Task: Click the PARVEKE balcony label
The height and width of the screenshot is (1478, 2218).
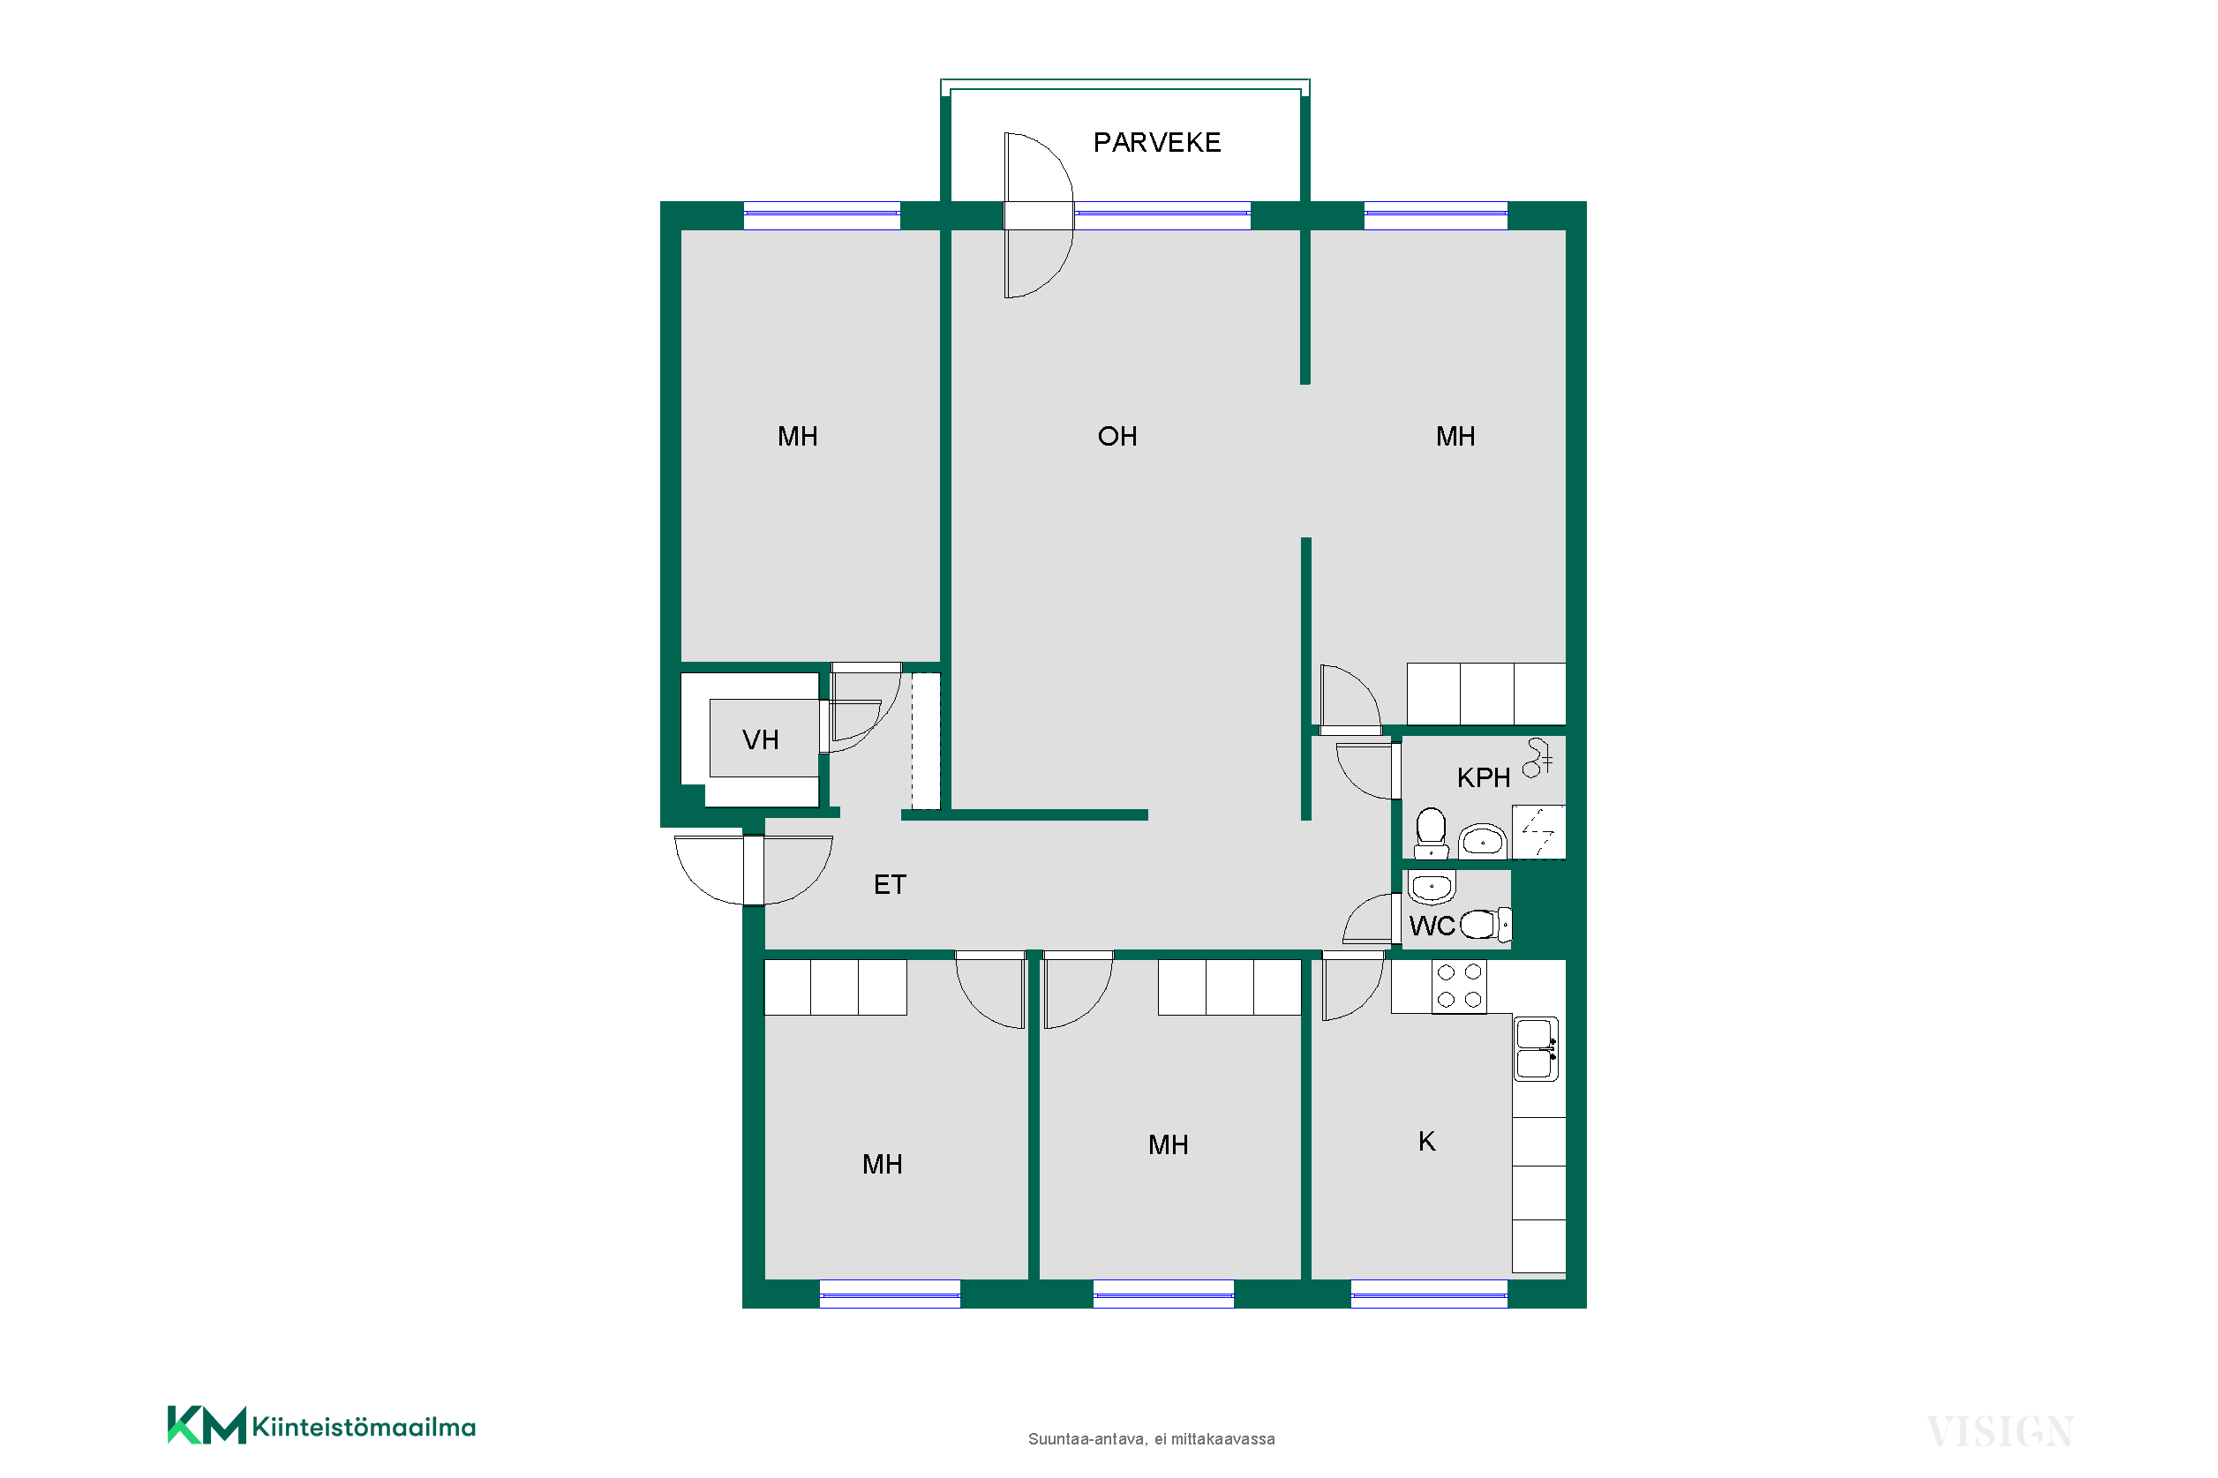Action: [x=1156, y=142]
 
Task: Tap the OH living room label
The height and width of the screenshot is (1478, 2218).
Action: [x=1117, y=437]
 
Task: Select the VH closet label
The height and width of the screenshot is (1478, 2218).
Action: [x=760, y=740]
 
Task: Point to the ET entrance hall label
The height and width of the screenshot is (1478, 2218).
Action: [x=889, y=885]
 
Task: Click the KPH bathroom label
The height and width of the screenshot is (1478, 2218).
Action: [x=1483, y=778]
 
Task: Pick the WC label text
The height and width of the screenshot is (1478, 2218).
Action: [x=1431, y=927]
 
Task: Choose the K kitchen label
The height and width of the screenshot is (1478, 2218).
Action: [x=1426, y=1142]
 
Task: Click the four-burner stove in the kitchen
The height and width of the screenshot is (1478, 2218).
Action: [x=1458, y=986]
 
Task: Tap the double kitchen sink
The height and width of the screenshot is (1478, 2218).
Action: [x=1536, y=1048]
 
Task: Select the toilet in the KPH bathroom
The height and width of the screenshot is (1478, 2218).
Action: [x=1431, y=832]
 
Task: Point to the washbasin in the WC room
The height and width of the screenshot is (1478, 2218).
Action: [x=1431, y=887]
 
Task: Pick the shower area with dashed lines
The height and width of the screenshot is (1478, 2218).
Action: [x=1538, y=831]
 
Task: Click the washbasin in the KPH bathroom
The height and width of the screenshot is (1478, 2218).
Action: [x=1482, y=841]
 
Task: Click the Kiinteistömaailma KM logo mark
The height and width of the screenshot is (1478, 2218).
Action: [x=207, y=1424]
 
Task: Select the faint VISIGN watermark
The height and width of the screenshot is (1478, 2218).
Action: [x=1998, y=1431]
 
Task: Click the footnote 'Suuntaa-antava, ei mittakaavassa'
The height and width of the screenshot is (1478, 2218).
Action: [x=1151, y=1439]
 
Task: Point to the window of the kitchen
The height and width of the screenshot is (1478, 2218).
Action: [x=1429, y=1294]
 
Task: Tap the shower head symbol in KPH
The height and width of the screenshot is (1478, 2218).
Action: [x=1538, y=757]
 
